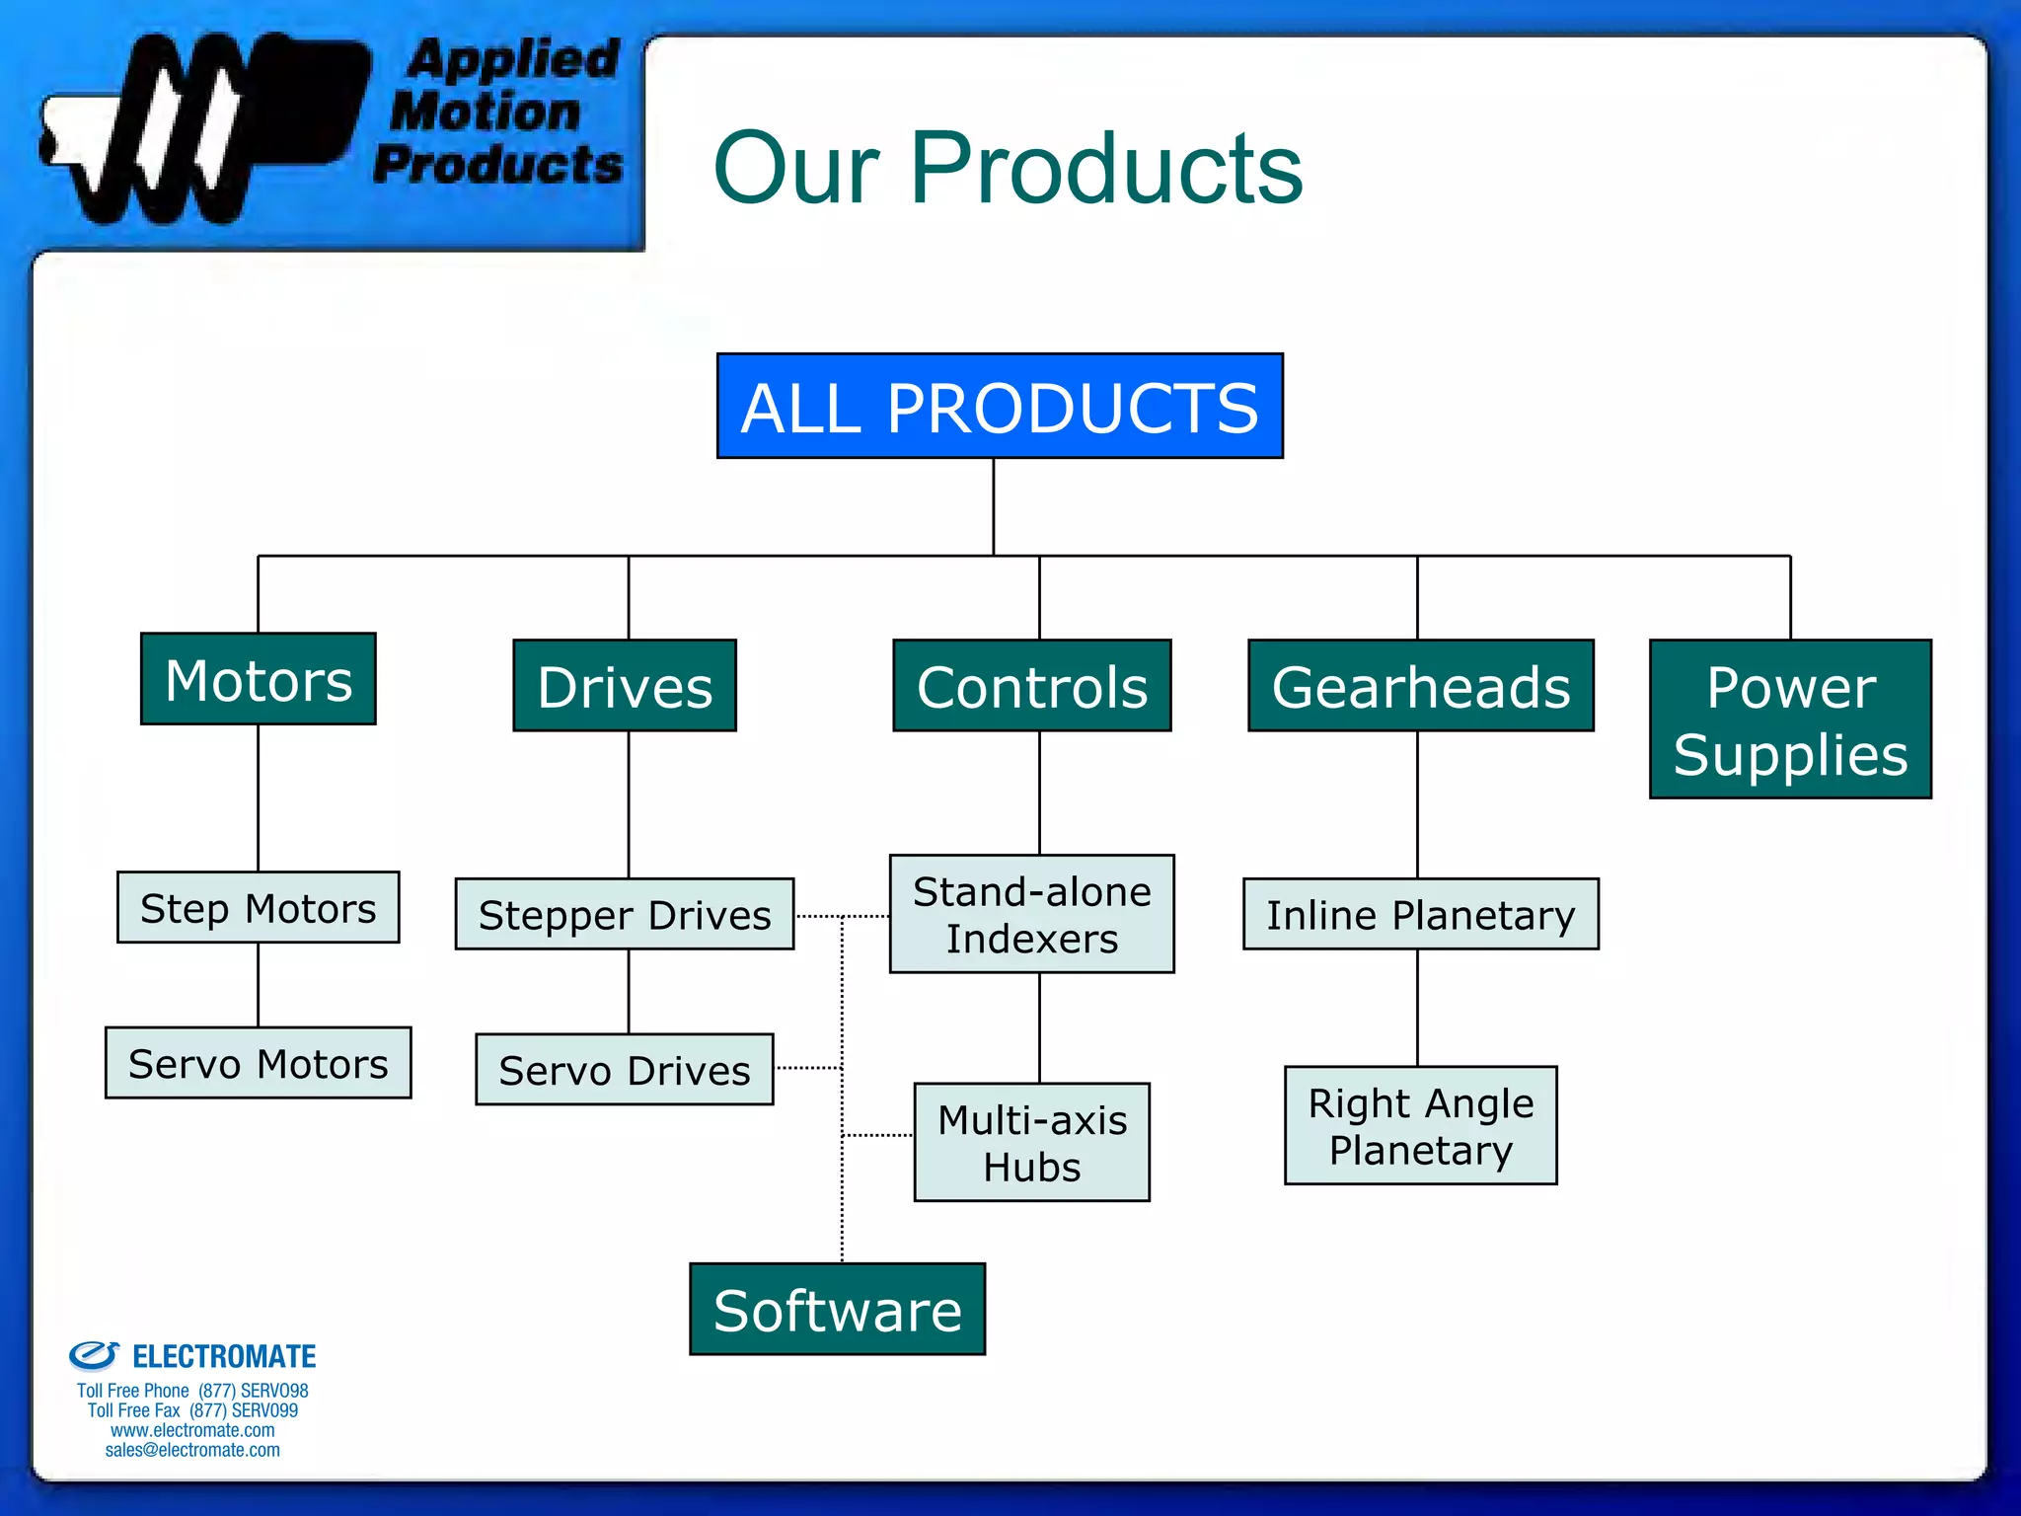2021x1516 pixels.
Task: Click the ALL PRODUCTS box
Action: coord(1000,406)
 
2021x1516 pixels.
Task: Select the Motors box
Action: coord(259,679)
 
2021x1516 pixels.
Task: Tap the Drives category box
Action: coord(625,686)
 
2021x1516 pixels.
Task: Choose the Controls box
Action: coord(1032,686)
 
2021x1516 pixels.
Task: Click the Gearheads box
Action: coord(1421,686)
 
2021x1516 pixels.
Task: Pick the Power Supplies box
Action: coord(1790,720)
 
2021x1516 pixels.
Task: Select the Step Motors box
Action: coord(259,908)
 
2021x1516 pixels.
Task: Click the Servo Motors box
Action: coord(259,1063)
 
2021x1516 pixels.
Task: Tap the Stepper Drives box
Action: coord(625,915)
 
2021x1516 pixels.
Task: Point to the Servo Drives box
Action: coord(625,1070)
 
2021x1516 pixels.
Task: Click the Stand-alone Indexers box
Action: coord(1032,915)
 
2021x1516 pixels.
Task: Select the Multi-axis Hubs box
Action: coord(1032,1143)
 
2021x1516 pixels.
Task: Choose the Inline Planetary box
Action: coord(1421,915)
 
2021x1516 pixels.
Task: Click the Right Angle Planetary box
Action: coord(1421,1126)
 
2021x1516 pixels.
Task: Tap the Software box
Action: coord(838,1310)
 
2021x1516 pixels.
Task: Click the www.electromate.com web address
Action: coord(192,1430)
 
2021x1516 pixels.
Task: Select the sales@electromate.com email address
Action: coord(192,1450)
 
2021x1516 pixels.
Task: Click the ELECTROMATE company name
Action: coord(224,1357)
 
